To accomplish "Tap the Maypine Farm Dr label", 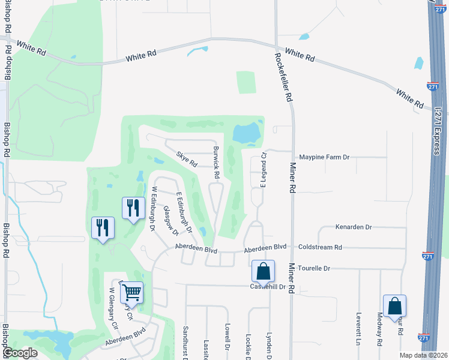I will click(x=324, y=157).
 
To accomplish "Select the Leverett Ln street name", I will click(x=358, y=328).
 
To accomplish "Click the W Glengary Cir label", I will click(x=113, y=309).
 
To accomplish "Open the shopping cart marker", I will click(x=131, y=292).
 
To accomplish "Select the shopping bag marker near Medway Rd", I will click(x=394, y=305).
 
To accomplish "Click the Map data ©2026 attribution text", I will click(x=423, y=355).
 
